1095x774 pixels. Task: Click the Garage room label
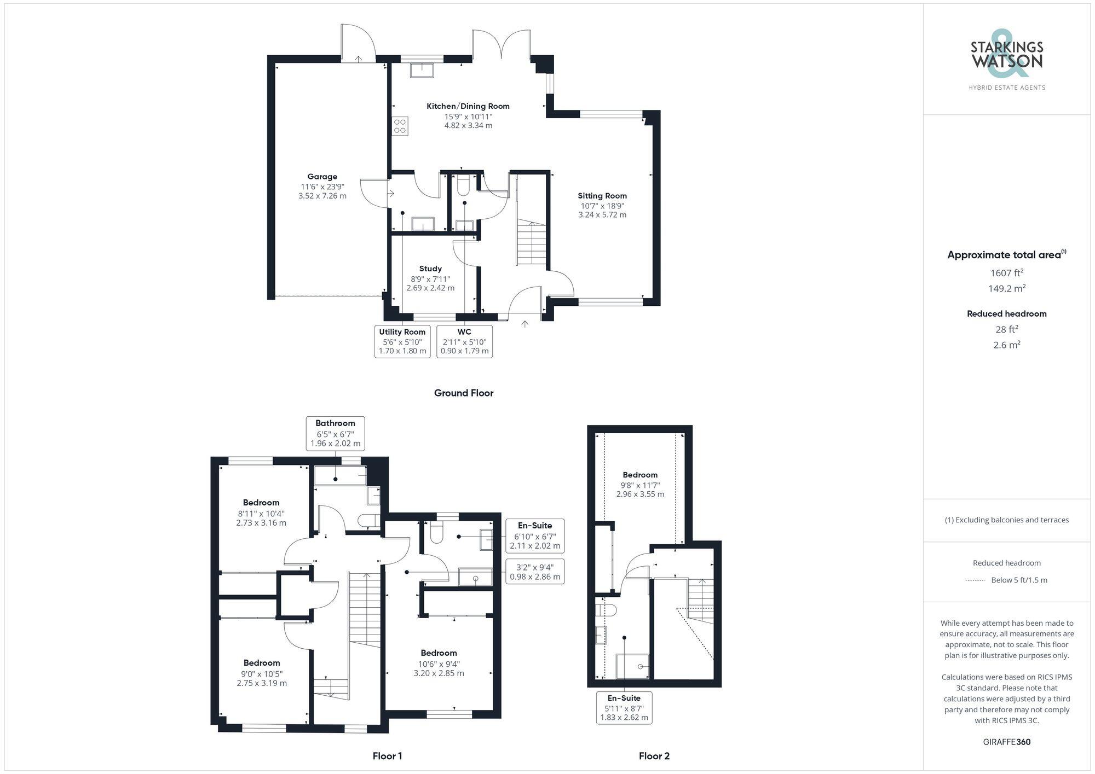tap(322, 177)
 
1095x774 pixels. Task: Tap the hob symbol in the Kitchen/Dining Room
tap(400, 126)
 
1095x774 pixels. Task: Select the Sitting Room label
tap(602, 196)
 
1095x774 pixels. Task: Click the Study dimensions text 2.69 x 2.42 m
tap(430, 288)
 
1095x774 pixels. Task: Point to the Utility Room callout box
tap(402, 341)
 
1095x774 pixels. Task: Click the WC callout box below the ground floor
tap(464, 341)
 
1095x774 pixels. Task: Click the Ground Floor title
tap(463, 393)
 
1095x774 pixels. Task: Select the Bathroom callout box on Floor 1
tap(335, 433)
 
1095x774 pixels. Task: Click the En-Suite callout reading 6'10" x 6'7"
tap(534, 536)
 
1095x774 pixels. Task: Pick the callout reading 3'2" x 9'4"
tap(534, 572)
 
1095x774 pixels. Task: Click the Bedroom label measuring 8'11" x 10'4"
tap(261, 503)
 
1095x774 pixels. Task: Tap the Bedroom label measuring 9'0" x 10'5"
tap(262, 663)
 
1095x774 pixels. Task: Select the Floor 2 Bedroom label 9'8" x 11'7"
tap(640, 475)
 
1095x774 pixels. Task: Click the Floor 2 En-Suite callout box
tap(624, 708)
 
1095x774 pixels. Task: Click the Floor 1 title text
tap(387, 756)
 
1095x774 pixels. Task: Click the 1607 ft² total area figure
tap(1006, 273)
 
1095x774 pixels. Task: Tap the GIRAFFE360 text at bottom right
tap(1006, 742)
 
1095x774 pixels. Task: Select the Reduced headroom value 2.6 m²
tap(1006, 345)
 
